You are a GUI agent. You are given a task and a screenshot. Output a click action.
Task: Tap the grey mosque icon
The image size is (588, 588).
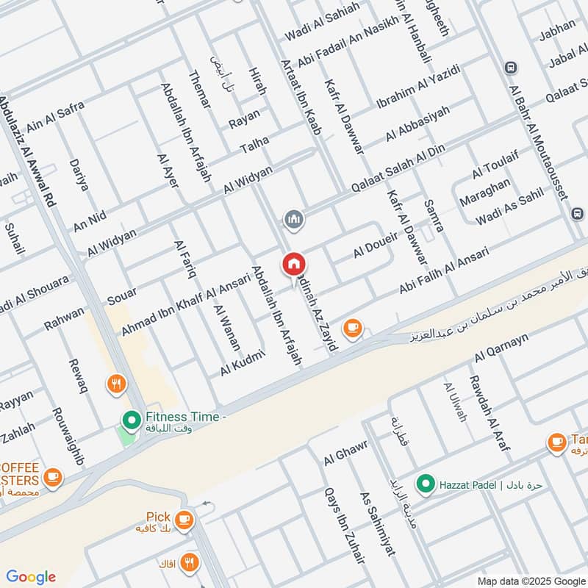pyautogui.click(x=294, y=220)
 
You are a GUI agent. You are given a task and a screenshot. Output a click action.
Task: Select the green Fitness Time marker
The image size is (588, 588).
pyautogui.click(x=132, y=420)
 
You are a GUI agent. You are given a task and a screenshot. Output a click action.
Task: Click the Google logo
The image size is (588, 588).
pyautogui.click(x=31, y=577)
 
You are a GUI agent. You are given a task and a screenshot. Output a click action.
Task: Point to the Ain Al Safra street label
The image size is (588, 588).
pyautogui.click(x=55, y=118)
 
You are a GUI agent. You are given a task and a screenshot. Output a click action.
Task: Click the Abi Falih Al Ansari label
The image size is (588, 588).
pyautogui.click(x=444, y=271)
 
